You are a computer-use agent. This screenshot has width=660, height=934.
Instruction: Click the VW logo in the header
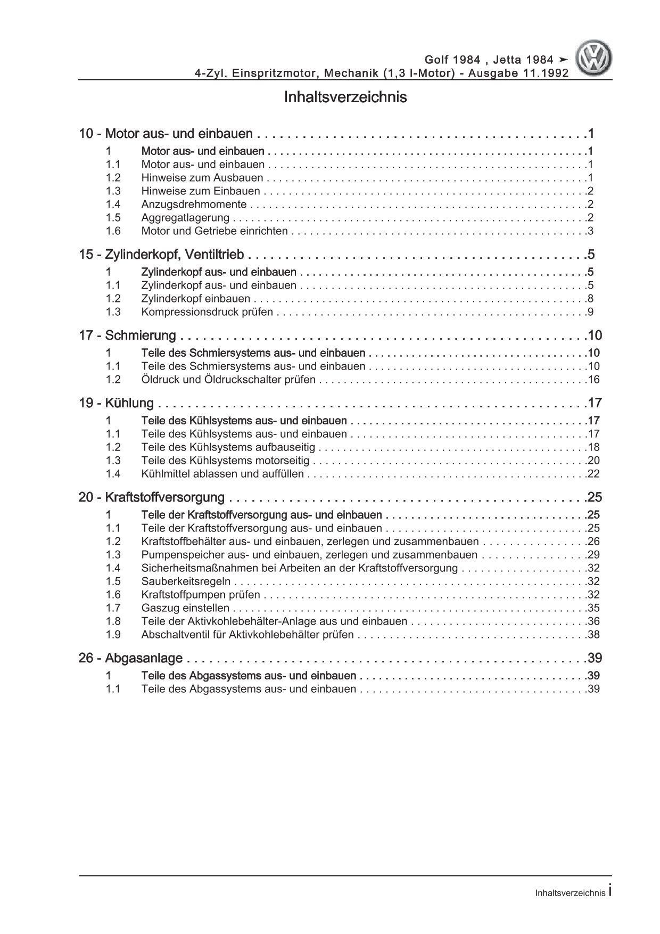click(x=596, y=60)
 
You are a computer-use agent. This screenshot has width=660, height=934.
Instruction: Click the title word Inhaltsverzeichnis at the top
click(x=345, y=97)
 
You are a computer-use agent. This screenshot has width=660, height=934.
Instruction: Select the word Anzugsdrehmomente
click(x=194, y=204)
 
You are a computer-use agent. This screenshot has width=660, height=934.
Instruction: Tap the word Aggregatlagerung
click(x=185, y=218)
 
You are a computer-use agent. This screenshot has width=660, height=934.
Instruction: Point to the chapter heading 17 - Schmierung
click(x=128, y=335)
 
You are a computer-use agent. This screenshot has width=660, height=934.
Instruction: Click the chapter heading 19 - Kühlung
click(x=117, y=403)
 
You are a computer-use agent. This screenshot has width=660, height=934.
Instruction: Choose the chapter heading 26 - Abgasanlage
click(x=131, y=659)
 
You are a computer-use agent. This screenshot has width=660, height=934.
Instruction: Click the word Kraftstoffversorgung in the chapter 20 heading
click(x=165, y=497)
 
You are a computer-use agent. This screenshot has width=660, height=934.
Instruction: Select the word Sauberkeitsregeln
click(x=186, y=581)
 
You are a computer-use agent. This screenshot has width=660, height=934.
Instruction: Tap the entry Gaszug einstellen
click(x=185, y=608)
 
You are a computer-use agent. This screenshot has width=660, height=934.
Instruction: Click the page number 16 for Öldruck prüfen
click(x=593, y=380)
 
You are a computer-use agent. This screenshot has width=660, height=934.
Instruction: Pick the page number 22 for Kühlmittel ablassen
click(x=593, y=474)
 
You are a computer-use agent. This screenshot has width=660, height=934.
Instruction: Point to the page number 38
click(x=593, y=635)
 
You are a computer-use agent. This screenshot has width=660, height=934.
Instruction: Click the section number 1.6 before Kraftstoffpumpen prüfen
click(x=113, y=595)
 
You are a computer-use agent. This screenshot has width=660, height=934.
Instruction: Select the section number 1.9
click(x=113, y=635)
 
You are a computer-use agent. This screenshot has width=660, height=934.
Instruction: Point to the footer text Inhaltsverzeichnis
click(x=570, y=894)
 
